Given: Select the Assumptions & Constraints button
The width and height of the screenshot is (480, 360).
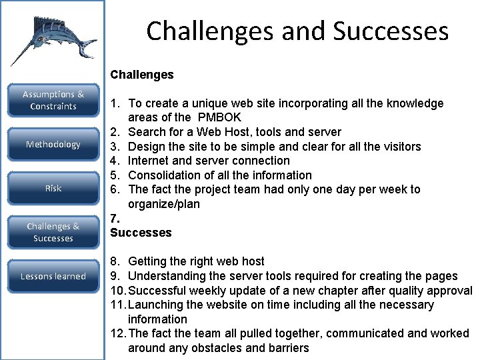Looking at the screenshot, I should click(x=53, y=101).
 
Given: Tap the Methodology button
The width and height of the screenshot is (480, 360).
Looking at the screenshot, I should click(x=53, y=145).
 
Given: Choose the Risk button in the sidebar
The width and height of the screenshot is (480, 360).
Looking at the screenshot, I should click(x=53, y=189).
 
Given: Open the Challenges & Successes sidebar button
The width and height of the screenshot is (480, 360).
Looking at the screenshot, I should click(x=53, y=232).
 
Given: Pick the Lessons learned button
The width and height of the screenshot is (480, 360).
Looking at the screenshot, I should click(x=53, y=276).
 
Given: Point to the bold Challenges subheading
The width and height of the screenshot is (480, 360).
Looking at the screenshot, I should click(x=142, y=75).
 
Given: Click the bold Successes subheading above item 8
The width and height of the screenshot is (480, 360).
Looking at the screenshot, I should click(x=141, y=233).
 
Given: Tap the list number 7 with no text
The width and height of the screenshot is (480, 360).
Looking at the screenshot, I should click(x=115, y=219).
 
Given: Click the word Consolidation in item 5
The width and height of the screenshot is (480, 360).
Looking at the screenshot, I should click(x=161, y=175).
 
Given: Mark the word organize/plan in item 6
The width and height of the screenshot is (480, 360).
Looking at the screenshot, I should click(x=164, y=204).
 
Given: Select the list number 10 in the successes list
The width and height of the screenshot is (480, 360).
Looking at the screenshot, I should click(x=117, y=291).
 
